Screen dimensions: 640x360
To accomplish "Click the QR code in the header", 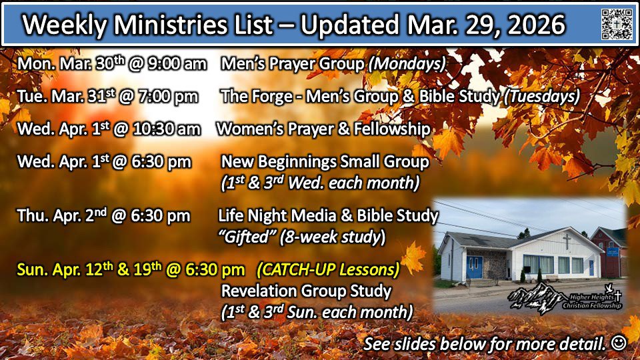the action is tap(617, 24).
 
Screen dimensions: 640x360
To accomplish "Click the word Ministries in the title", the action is tap(170, 25).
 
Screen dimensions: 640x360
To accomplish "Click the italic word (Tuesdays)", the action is tap(541, 97).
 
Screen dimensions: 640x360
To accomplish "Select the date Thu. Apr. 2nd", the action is tap(61, 215).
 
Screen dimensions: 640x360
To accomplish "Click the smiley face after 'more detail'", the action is tap(619, 343).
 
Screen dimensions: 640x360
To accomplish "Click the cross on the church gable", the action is tap(567, 241).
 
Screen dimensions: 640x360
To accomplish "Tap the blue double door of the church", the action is tap(474, 267).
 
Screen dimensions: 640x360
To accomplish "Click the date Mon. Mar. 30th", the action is tap(71, 63).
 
